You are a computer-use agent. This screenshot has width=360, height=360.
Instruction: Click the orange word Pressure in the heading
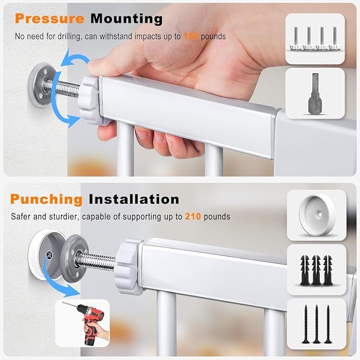pos(50,19)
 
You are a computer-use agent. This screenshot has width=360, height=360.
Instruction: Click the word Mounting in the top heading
pos(127,19)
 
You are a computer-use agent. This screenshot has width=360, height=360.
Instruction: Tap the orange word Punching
pos(46,199)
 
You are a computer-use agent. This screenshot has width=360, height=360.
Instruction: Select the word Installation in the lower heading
pos(134,199)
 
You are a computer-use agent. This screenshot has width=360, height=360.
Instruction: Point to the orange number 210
pos(193,216)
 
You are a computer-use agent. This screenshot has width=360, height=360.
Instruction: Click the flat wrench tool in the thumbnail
pos(315,94)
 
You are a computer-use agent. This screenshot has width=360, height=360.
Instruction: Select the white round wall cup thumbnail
pos(317,215)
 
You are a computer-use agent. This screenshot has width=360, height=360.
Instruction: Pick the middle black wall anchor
pos(316,270)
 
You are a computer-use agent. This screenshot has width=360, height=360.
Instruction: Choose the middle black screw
pos(317,324)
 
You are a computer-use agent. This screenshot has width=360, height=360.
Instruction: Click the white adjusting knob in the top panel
pos(90,101)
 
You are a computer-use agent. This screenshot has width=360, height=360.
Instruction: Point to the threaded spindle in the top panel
pos(63,87)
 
